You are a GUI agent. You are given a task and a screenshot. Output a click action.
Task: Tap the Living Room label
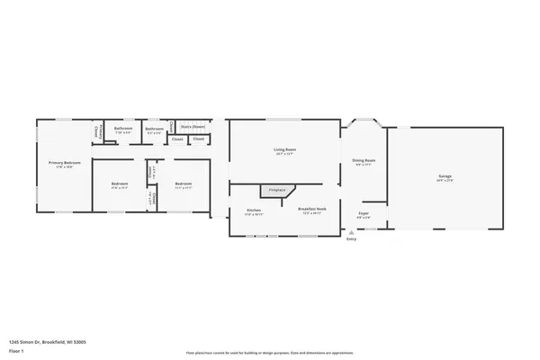(x=285, y=149)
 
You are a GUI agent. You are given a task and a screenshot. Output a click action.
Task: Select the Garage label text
(x=445, y=175)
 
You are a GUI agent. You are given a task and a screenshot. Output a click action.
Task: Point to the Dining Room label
(x=364, y=160)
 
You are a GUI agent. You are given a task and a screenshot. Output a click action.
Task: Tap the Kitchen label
(x=254, y=211)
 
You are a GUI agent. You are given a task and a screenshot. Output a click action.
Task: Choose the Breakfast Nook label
(x=312, y=209)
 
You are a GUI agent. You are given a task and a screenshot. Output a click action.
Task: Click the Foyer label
(x=363, y=214)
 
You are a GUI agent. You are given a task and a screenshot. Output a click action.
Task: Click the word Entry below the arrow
(x=351, y=238)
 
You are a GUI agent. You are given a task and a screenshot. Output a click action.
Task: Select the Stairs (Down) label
(x=193, y=127)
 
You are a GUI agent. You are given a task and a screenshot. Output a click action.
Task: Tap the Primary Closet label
(x=97, y=131)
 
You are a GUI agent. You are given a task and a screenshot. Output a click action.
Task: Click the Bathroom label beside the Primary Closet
(x=123, y=129)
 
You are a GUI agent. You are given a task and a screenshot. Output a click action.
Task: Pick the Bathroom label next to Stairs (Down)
(x=155, y=129)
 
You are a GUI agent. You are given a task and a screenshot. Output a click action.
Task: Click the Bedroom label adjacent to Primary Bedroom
(x=120, y=184)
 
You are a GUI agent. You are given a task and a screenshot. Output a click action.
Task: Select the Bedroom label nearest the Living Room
(x=183, y=184)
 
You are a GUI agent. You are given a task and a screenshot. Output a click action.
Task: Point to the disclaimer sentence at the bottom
(x=269, y=353)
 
